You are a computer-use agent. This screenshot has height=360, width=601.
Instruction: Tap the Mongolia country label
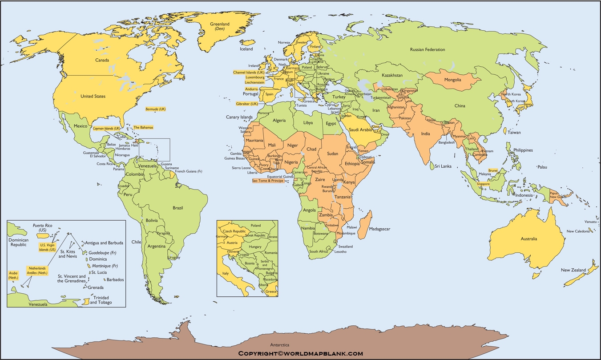pos(452,80)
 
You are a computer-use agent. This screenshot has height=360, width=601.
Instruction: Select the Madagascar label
pos(379,229)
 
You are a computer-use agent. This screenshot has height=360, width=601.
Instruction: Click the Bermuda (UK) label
pos(155,109)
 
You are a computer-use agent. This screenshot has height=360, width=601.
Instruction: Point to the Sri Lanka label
pos(443,166)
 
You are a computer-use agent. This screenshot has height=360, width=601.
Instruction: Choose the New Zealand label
pos(572,270)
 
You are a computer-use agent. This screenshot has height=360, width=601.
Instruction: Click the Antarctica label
pos(280,344)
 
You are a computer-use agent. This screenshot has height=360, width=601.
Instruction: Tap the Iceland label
pos(246,49)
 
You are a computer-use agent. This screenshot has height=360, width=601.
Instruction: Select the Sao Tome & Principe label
pos(268,181)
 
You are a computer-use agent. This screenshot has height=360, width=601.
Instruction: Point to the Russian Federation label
pos(427,49)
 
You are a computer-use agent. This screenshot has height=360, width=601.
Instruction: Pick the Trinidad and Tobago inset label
pos(101,300)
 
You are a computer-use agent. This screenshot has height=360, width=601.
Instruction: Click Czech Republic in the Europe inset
pos(234,231)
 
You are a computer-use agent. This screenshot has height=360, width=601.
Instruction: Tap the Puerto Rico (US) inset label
pos(42,228)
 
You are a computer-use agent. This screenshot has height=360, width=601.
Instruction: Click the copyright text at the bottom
pos(300,354)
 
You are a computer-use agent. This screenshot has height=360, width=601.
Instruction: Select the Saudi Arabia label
pos(360,129)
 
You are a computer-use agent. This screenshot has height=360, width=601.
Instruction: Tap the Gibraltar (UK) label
pos(247,104)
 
